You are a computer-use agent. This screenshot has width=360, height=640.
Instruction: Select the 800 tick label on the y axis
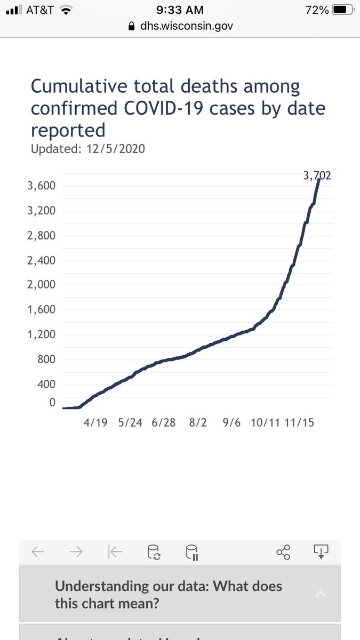[x=47, y=359]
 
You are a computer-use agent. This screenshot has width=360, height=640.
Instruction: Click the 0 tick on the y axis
[x=52, y=403]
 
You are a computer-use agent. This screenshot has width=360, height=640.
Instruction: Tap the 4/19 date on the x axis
[x=96, y=422]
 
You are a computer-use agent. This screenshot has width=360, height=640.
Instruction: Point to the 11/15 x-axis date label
[x=299, y=422]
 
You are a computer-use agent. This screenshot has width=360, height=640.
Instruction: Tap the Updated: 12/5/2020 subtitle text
[x=87, y=148]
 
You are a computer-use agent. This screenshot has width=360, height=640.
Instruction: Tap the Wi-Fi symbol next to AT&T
[x=66, y=10]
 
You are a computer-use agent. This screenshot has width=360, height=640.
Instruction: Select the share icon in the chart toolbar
[x=283, y=552]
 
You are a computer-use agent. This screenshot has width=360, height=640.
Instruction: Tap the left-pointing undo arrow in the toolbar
[x=38, y=552]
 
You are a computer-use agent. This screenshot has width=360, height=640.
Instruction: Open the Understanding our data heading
[x=169, y=595]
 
